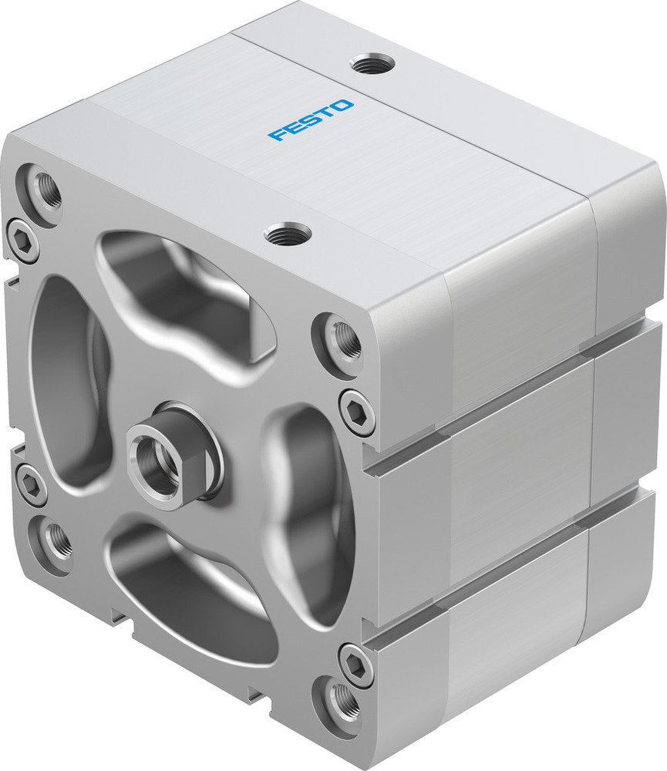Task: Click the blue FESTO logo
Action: click(x=312, y=120)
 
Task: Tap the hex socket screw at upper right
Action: click(x=357, y=409)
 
